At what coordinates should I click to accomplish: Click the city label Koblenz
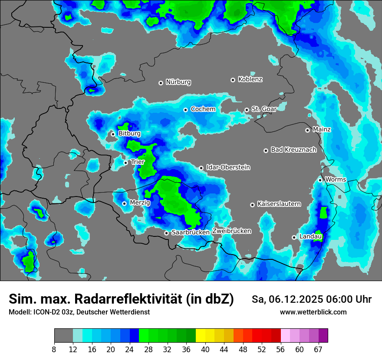pos(250,80)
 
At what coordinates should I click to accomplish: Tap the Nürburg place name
pos(178,82)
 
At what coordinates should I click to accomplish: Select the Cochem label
pos(203,109)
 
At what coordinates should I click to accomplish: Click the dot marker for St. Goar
pos(247,110)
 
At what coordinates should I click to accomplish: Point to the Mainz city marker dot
pos(307,130)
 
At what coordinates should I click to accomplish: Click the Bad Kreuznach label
pos(293,150)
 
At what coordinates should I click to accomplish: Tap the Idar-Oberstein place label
pos(228,167)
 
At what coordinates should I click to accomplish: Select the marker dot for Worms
pos(320,180)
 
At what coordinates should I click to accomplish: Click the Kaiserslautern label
pos(279,204)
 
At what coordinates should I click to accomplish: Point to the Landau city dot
pos(294,237)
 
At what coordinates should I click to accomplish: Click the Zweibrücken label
pos(231,231)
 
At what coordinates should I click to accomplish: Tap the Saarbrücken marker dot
pos(166,233)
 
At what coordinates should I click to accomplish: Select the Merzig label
pos(140,203)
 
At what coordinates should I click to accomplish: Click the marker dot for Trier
pos(125,163)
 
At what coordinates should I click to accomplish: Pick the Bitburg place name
pos(129,134)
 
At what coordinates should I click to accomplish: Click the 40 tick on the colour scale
pos(205,349)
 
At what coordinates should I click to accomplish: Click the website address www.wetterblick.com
pos(313,312)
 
